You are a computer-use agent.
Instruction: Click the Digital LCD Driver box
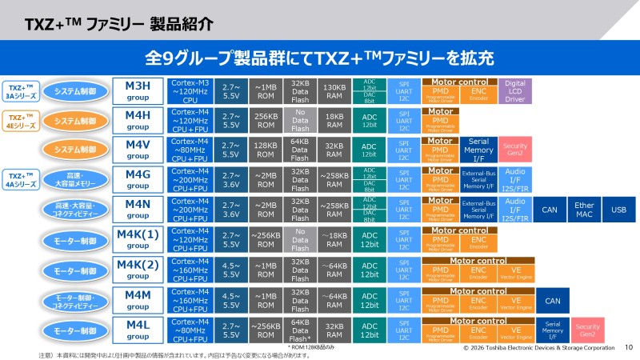tap(514, 90)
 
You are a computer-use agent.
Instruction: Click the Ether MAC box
tap(585, 210)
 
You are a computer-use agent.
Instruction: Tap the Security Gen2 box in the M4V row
tap(514, 150)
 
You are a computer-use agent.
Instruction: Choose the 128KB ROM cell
tap(265, 150)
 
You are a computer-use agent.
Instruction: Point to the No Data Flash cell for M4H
tap(301, 120)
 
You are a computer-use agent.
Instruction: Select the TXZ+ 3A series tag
tap(22, 90)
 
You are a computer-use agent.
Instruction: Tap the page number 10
tap(628, 348)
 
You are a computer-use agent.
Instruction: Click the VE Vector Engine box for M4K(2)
tap(517, 271)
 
